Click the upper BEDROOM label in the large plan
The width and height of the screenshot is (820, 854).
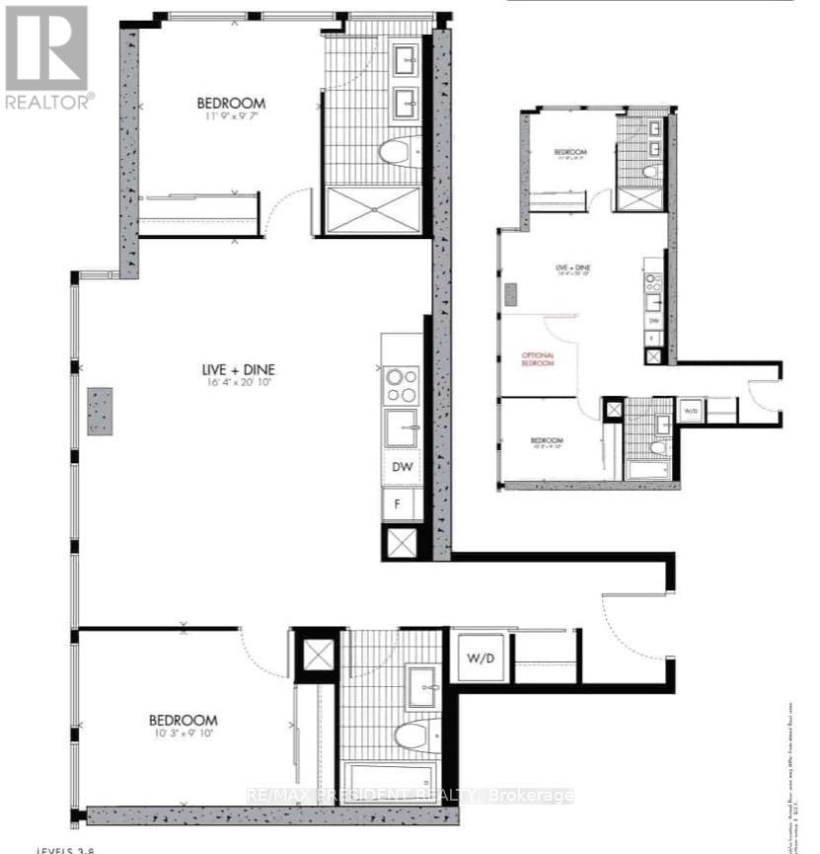[x=231, y=103]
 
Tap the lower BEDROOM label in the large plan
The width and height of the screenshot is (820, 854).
[x=184, y=721]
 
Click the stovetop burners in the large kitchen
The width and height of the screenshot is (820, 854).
[x=403, y=384]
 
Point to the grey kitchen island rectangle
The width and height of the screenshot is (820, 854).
[x=101, y=411]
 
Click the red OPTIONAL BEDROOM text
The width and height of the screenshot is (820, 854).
[x=538, y=359]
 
